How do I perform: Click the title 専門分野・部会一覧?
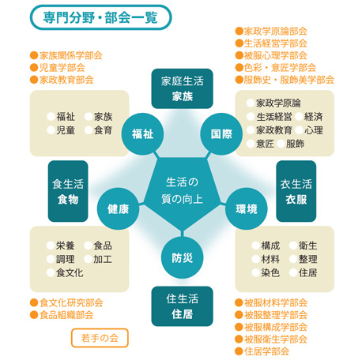point(100,17)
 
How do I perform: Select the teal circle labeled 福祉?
point(142,134)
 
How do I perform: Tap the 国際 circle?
point(221,134)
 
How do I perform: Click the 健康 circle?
point(119,209)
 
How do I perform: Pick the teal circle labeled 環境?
point(247,209)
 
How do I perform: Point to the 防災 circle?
point(182,257)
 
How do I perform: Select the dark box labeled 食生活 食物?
point(68,191)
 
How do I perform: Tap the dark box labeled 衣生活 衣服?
point(296,191)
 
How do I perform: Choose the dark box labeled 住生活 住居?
point(182,306)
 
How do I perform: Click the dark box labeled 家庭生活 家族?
point(182,88)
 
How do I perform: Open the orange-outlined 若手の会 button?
point(100,338)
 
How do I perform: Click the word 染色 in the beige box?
point(270,272)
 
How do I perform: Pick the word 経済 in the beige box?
point(313,117)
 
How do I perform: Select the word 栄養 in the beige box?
point(66,246)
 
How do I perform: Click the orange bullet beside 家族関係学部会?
point(34,55)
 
